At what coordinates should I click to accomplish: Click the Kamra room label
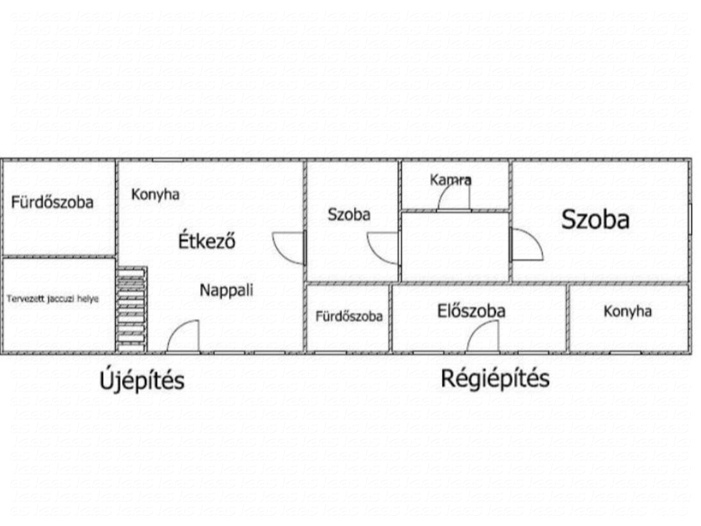[x=450, y=180]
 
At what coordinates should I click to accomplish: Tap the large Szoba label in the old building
[x=595, y=220]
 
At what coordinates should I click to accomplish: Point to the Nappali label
[x=226, y=290]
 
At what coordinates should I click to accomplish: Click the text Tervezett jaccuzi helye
[x=52, y=299]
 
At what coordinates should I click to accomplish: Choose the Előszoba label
[x=471, y=311]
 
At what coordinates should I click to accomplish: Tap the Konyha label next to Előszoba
[x=628, y=312]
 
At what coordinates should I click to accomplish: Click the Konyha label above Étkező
[x=155, y=195]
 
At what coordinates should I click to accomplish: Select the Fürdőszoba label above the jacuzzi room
[x=52, y=202]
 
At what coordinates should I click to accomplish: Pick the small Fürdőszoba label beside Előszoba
[x=349, y=316]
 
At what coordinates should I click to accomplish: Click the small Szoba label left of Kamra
[x=349, y=214]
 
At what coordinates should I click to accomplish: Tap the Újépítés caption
[x=142, y=380]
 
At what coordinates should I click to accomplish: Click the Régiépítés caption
[x=496, y=378]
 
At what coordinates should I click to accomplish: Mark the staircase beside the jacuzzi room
[x=131, y=310]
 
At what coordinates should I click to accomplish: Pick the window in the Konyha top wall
[x=168, y=160]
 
